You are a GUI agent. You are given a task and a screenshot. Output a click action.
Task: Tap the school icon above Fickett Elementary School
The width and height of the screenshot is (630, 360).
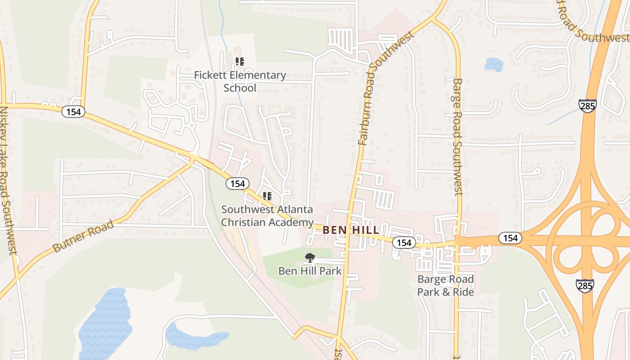pos(240,62)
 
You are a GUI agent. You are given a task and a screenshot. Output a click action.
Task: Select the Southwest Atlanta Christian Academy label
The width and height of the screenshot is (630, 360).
pos(267,216)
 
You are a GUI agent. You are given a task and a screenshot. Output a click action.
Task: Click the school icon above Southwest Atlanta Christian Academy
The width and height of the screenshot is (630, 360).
pos(267,196)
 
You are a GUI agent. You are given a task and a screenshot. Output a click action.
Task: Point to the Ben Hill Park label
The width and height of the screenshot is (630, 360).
pos(310,271)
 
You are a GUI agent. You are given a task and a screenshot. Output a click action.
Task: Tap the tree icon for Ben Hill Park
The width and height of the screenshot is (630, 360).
pos(310,258)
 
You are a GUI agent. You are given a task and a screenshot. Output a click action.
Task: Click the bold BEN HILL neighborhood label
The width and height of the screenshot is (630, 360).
pos(351,230)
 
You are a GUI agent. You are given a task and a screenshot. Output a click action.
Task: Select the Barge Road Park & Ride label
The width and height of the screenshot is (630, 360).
pos(445,285)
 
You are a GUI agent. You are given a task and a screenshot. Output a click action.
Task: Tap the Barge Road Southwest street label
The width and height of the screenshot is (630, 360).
pos(458,137)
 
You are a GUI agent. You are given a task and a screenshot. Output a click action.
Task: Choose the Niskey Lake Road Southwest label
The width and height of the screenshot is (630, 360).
pos(9,184)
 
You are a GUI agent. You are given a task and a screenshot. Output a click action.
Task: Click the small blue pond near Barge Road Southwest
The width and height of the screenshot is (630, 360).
pos(494,64)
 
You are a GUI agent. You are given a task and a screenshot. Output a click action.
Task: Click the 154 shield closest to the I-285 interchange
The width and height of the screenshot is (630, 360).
pos(510,238)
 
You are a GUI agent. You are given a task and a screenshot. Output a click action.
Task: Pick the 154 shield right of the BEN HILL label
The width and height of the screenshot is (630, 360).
pos(404,243)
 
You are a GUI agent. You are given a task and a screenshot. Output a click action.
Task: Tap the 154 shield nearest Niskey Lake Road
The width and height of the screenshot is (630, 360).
pos(73,112)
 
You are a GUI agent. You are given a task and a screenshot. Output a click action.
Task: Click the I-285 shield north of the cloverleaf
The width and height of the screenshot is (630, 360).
pos(588,106)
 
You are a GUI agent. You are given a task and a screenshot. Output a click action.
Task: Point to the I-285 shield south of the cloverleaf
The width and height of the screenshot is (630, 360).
pos(585,285)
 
